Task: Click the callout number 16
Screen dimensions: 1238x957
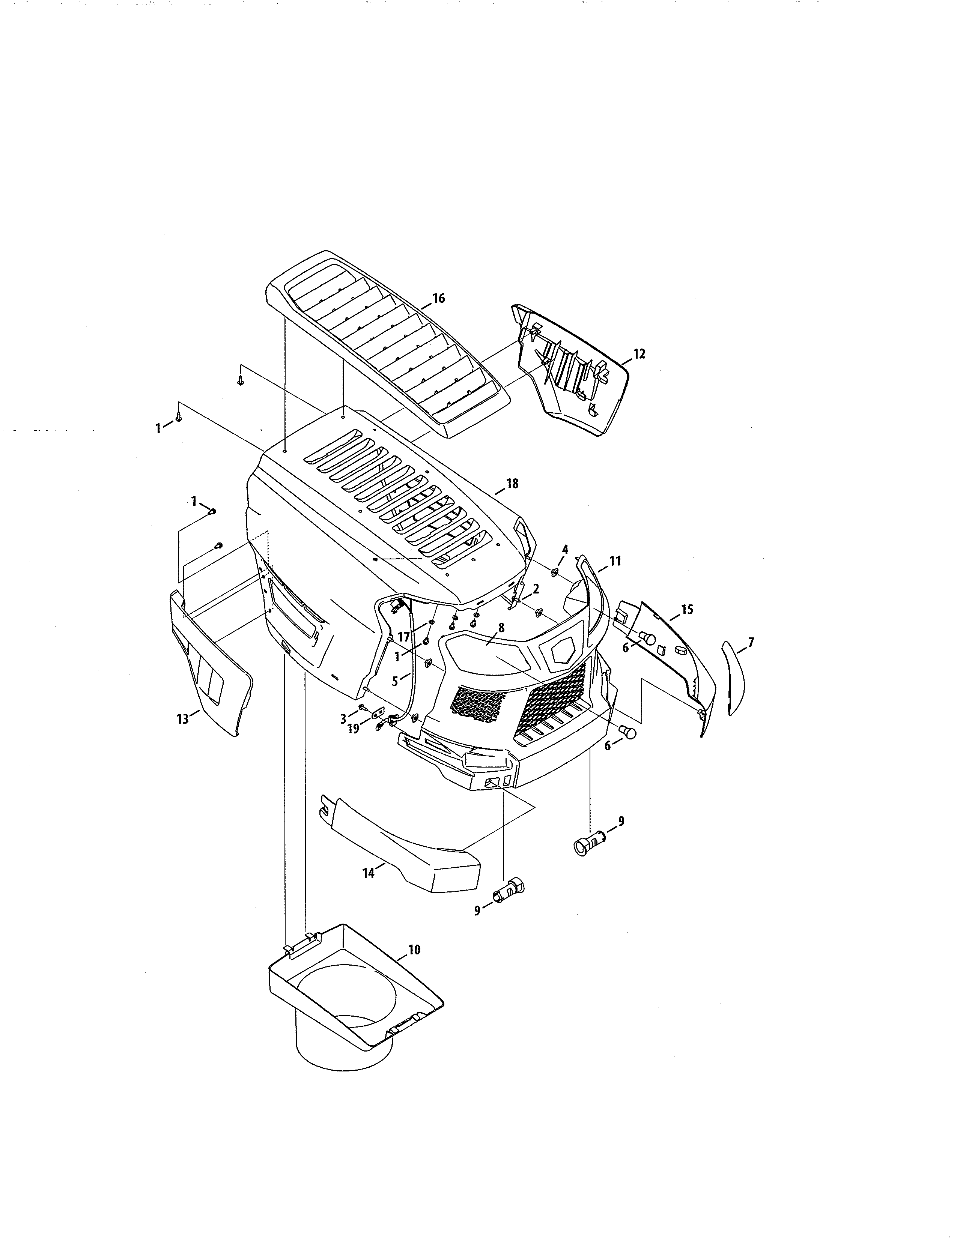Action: tap(438, 299)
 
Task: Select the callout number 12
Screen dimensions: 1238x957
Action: tap(639, 354)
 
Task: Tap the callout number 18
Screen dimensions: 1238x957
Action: tap(512, 484)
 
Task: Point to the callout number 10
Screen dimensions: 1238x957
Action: tap(414, 950)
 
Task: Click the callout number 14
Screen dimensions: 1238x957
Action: tap(369, 873)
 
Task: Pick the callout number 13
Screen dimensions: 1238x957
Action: tap(182, 719)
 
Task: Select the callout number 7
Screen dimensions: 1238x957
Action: tap(751, 642)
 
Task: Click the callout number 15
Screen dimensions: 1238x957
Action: tap(686, 610)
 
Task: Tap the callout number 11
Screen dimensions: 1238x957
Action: tap(615, 561)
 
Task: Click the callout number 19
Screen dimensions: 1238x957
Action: tap(353, 729)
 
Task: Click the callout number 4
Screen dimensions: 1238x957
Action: tap(565, 549)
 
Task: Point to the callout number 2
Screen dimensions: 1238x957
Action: tap(535, 589)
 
